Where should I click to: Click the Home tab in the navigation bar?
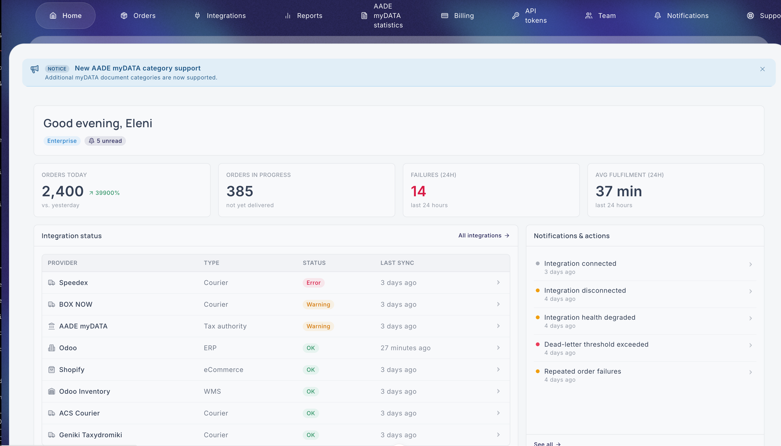65,16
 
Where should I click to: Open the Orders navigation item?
138,16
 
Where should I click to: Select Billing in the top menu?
457,16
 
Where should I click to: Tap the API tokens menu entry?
529,16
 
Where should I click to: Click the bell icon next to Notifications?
657,16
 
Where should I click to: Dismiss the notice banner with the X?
762,69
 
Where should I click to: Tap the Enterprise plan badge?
62,141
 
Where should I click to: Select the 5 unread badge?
105,141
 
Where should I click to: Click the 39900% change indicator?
104,193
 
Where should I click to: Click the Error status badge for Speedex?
314,283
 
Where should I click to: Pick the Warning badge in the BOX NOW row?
318,305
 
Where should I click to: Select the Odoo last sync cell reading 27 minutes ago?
405,348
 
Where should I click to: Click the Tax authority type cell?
225,326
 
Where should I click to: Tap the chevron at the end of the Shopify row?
498,369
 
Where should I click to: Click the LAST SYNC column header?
397,263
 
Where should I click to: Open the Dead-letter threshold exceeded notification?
596,344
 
